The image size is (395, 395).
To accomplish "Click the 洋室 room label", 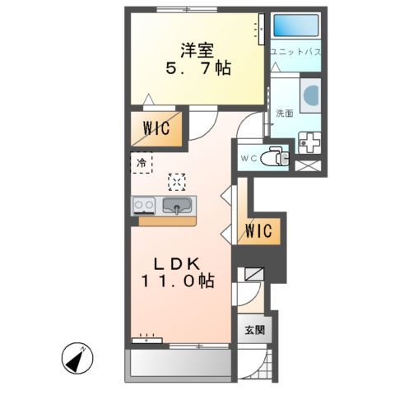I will [x=195, y=49].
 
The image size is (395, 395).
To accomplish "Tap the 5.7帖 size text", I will [x=195, y=70].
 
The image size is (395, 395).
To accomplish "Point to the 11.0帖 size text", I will [x=178, y=281].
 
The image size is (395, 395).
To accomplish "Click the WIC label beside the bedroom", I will [x=156, y=128].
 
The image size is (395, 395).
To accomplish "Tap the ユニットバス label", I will [x=295, y=53].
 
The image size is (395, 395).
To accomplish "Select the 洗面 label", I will [x=284, y=113].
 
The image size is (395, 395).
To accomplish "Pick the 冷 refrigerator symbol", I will [x=141, y=163].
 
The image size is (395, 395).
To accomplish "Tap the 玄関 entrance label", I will [x=254, y=330].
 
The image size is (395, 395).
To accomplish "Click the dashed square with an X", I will [x=177, y=181].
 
